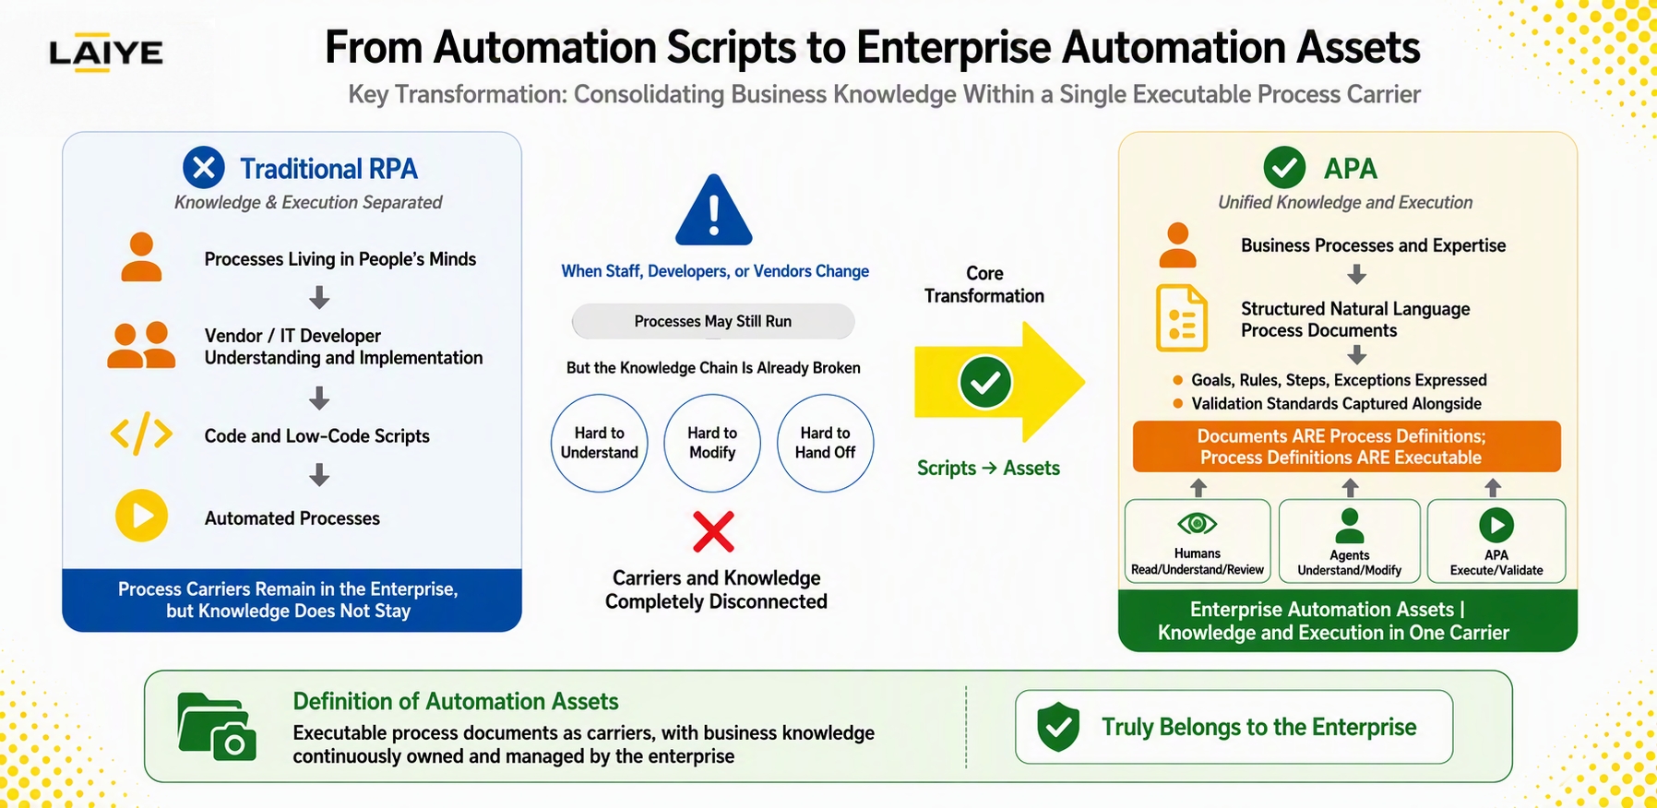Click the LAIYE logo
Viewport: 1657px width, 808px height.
(105, 53)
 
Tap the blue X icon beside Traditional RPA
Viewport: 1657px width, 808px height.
(204, 168)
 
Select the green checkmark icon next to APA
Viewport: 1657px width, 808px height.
(1284, 168)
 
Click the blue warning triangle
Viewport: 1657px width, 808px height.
(713, 210)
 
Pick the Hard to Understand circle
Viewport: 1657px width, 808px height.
(600, 443)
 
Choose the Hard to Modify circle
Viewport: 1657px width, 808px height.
(712, 443)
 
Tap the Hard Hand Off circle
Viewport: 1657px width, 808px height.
(825, 443)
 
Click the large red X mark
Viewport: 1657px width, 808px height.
(713, 531)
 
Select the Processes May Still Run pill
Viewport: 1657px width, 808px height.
(713, 321)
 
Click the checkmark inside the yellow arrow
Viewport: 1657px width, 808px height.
(985, 382)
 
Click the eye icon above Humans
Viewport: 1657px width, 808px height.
(1197, 524)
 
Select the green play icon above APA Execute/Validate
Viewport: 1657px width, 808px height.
(1496, 525)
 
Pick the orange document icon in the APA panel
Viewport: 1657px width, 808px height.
(1181, 318)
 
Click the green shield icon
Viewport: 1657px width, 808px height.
(1058, 727)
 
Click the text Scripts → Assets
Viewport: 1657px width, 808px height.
(988, 468)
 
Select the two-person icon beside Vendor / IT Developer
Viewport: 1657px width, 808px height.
(141, 345)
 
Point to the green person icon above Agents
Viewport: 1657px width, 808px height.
(1349, 526)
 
